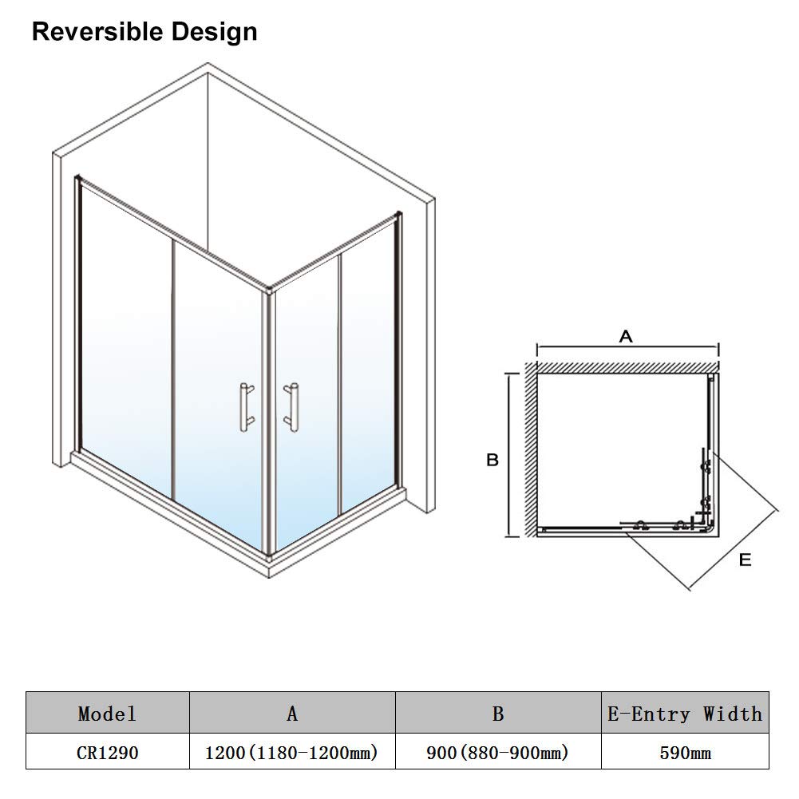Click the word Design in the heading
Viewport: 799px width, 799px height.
coord(215,33)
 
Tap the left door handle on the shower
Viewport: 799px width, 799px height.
coord(247,407)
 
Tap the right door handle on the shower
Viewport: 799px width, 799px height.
coord(292,407)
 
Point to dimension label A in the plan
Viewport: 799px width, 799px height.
coord(626,336)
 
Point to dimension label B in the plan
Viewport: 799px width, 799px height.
coord(492,460)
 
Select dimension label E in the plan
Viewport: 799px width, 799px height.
coord(745,560)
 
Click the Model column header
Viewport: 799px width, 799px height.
coord(107,714)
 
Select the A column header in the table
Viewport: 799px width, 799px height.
coord(292,714)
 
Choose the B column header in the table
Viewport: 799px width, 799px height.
coord(498,714)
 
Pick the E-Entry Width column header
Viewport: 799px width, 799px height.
coord(685,714)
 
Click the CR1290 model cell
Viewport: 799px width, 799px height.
coord(108,753)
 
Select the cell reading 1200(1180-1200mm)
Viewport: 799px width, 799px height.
coord(291,753)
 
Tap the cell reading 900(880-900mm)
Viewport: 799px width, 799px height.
coord(497,753)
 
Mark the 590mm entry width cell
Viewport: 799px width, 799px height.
coord(686,753)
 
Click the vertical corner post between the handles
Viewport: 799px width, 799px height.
coord(268,422)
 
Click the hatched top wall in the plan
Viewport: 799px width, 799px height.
coord(627,367)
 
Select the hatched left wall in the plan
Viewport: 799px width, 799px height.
coord(532,449)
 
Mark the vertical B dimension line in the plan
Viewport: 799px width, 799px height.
coord(508,454)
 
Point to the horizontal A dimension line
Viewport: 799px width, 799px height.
coord(627,348)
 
